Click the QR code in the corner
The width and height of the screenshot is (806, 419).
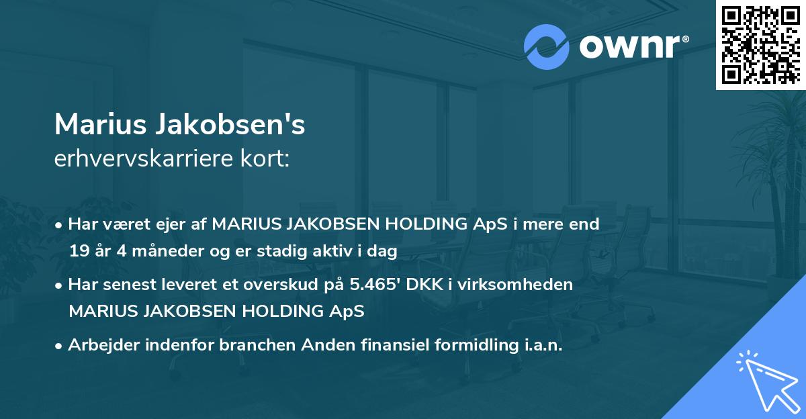[760, 44]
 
